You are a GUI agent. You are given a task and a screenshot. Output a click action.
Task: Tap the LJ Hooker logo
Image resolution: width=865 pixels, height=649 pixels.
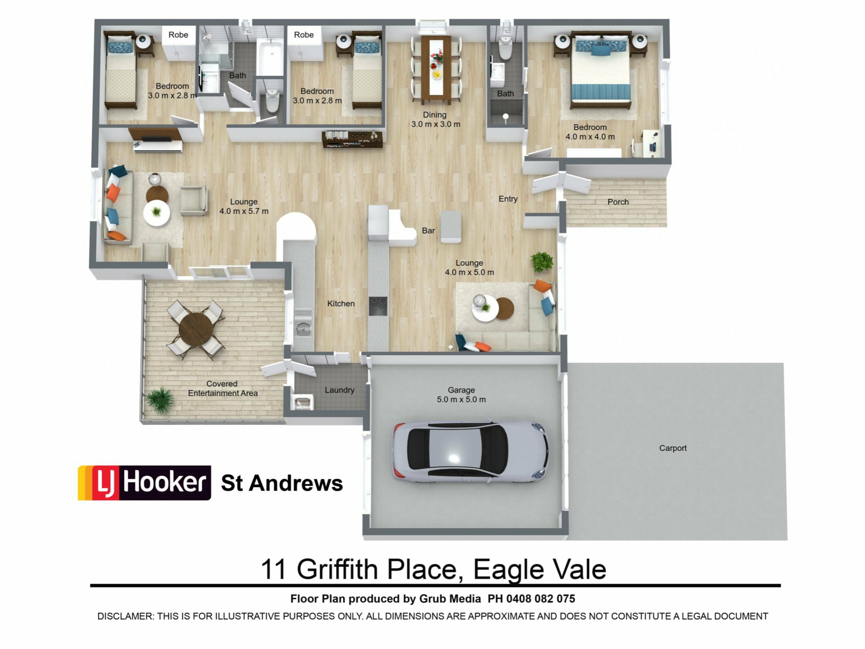[x=145, y=483]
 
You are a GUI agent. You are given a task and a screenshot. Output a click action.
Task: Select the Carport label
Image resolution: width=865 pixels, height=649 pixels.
[x=673, y=448]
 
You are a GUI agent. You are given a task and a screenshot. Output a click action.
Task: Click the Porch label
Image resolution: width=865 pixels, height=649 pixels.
[x=618, y=202]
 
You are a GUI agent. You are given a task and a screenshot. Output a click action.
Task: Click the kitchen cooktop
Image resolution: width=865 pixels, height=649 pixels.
[x=378, y=306]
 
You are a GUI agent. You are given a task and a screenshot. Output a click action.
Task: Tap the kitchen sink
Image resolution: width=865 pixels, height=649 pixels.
[x=303, y=328]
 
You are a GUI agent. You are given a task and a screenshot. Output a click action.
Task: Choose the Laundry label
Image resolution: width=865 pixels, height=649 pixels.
[x=339, y=390]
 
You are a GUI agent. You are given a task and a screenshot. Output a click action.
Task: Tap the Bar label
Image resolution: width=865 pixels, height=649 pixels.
[x=428, y=231]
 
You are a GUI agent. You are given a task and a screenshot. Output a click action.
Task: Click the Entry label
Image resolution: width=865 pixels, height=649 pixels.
[x=508, y=199]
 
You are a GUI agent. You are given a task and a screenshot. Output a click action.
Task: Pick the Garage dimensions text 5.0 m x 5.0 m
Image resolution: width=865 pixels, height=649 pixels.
[x=461, y=399]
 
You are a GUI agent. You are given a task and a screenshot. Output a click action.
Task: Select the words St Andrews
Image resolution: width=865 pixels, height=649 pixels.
[x=282, y=483]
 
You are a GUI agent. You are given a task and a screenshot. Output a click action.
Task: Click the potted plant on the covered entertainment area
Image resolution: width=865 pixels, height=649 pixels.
[x=160, y=399]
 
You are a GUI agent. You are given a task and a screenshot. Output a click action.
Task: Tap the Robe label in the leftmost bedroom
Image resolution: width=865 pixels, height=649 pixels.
[x=178, y=35]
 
